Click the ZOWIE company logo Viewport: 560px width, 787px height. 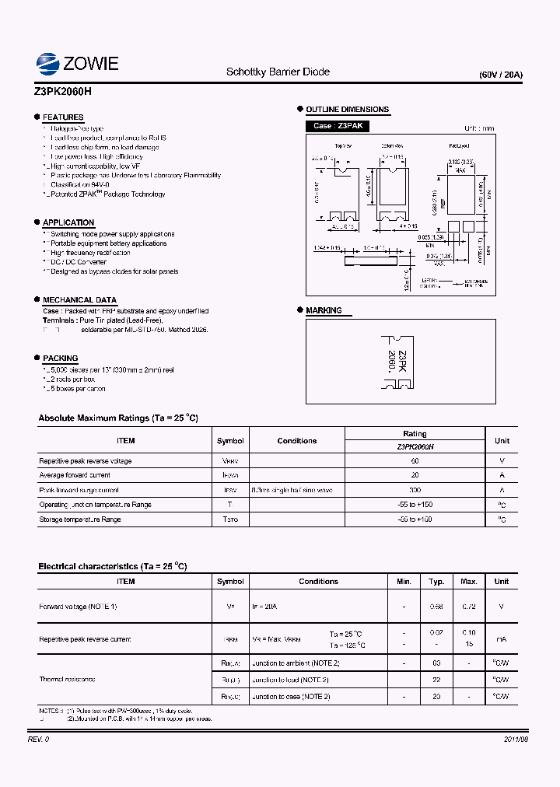[77, 63]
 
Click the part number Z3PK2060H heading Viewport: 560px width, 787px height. [63, 91]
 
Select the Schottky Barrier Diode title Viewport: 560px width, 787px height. [278, 72]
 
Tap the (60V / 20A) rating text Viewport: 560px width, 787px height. [501, 75]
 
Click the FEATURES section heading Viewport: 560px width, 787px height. [63, 117]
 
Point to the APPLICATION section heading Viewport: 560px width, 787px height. [68, 222]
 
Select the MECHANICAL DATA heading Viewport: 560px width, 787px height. [79, 300]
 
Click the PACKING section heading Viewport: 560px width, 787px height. [60, 359]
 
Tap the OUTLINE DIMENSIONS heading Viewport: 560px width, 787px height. [347, 110]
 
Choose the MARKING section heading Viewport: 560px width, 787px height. [324, 310]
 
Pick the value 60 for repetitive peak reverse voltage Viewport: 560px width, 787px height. [415, 461]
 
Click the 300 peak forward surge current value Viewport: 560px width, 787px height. [415, 491]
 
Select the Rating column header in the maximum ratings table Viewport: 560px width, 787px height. [415, 434]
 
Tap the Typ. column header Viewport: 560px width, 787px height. [436, 581]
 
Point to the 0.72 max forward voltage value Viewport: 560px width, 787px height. [469, 607]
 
